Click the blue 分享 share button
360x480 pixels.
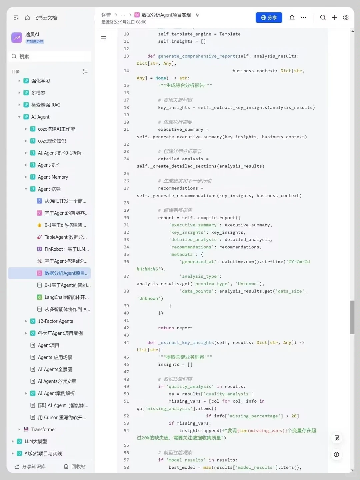pyautogui.click(x=269, y=17)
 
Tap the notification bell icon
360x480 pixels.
pyautogui.click(x=292, y=17)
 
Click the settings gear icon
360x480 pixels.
pyautogui.click(x=346, y=17)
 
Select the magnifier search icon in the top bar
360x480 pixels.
pyautogui.click(x=323, y=17)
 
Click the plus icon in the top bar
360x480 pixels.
pyautogui.click(x=334, y=17)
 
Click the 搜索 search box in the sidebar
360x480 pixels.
pyautogui.click(x=50, y=56)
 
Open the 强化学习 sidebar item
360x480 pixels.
pyautogui.click(x=40, y=81)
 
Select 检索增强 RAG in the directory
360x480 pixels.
pyautogui.click(x=46, y=105)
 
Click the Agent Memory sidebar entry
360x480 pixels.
pyautogui.click(x=53, y=177)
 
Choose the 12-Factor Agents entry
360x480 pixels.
pyautogui.click(x=55, y=321)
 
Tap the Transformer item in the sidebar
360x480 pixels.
pyautogui.click(x=43, y=429)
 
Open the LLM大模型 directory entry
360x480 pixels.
pyautogui.click(x=36, y=441)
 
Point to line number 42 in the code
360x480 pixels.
pyautogui.click(x=126, y=328)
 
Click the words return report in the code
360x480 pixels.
pyautogui.click(x=175, y=328)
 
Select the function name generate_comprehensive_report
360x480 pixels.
pyautogui.click(x=197, y=56)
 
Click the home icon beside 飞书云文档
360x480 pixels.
pyautogui.click(x=27, y=17)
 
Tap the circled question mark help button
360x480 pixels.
pyautogui.click(x=336, y=454)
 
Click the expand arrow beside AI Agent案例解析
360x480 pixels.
pyautogui.click(x=26, y=393)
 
